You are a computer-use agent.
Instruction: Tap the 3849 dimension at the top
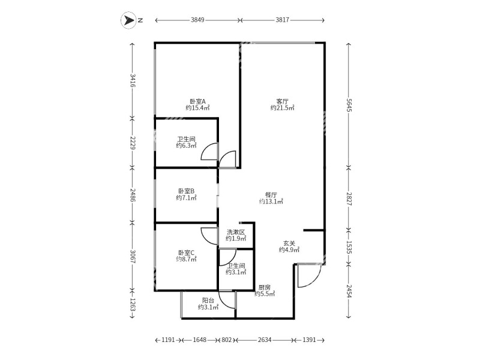click(198, 20)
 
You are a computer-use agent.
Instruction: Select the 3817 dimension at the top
click(283, 20)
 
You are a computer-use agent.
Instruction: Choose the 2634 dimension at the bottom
click(265, 340)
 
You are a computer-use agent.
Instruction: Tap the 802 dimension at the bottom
click(226, 340)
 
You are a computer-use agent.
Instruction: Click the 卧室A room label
click(197, 101)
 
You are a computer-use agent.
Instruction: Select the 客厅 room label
click(283, 101)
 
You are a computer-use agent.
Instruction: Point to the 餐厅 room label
click(271, 194)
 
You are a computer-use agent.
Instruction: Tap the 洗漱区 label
click(236, 232)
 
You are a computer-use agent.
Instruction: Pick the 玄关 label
click(289, 243)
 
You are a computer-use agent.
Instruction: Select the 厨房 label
click(265, 287)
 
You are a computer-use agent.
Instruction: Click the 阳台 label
click(208, 301)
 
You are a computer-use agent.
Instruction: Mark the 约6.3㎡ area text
click(187, 145)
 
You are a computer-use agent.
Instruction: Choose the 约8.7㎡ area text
click(187, 259)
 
